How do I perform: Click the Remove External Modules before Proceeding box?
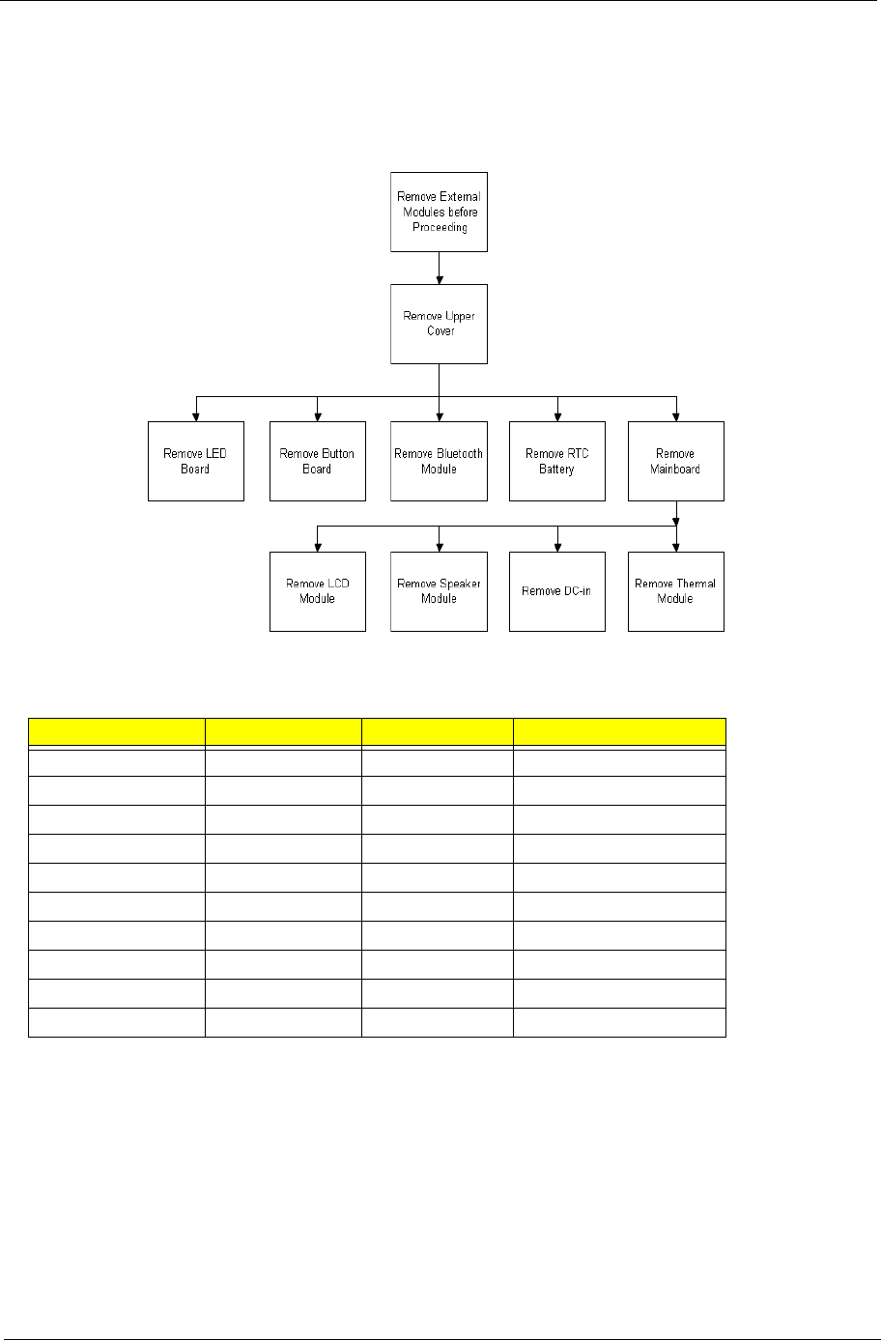[x=439, y=212]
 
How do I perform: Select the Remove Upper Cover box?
[x=439, y=324]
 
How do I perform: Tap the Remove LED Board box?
[x=195, y=461]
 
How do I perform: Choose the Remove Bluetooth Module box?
[x=439, y=461]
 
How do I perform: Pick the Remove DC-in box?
[x=556, y=591]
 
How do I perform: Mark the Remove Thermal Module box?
[x=675, y=591]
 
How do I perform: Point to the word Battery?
[x=556, y=470]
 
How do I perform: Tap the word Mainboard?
[x=675, y=470]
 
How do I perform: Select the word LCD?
[x=332, y=584]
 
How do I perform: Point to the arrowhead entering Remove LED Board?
[x=195, y=416]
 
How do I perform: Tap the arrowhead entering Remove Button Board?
[x=317, y=416]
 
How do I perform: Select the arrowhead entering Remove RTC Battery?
[x=556, y=416]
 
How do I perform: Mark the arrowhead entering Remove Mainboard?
[x=675, y=416]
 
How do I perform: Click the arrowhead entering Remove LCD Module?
[x=317, y=547]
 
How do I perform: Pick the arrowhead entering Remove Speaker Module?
[x=439, y=547]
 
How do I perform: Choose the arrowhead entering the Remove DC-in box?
[x=556, y=547]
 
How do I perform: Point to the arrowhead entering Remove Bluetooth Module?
[x=439, y=416]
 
